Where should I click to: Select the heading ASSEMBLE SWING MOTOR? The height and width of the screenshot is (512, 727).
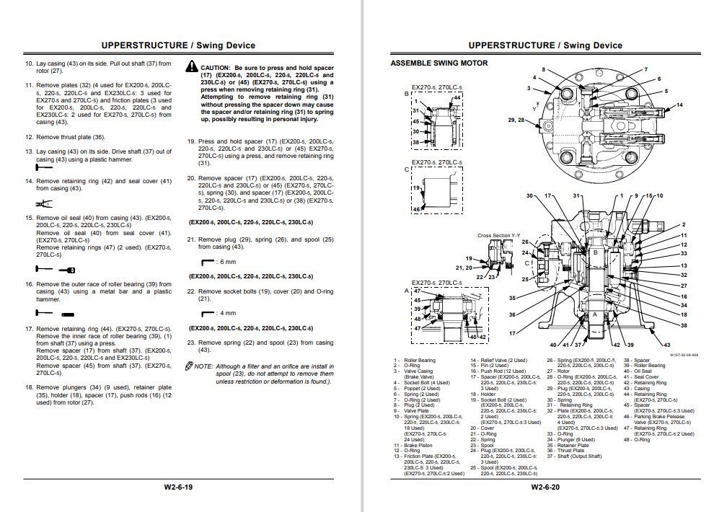tap(439, 63)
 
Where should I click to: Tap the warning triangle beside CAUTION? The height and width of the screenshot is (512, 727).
tap(191, 66)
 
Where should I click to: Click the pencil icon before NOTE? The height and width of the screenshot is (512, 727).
tap(189, 366)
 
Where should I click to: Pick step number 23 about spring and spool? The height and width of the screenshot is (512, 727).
tap(192, 342)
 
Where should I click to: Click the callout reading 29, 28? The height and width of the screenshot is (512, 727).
tap(517, 118)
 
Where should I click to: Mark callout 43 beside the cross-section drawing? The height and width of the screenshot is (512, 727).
tap(666, 345)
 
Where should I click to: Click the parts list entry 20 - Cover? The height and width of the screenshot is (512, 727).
tap(483, 428)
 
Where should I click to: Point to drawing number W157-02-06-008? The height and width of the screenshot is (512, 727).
tap(683, 354)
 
